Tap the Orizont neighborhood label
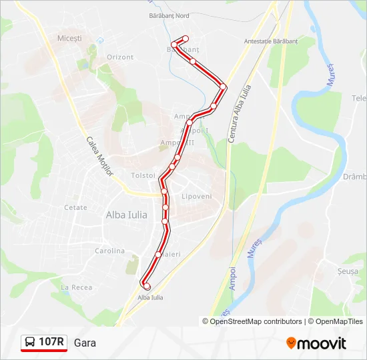coord(120,57)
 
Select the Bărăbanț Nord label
coord(169,15)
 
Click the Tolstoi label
coord(143,175)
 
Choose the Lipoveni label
coord(196,197)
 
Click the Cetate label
coord(75,207)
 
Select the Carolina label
coord(109,251)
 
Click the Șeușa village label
coord(348,272)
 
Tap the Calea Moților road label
coord(100,157)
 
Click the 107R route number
coord(51,342)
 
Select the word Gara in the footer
coord(85,343)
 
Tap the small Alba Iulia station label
coord(150,297)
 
